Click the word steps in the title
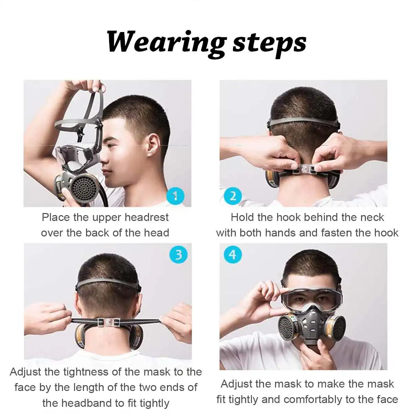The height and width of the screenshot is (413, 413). (x=269, y=43)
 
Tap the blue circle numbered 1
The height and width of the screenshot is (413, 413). (x=175, y=196)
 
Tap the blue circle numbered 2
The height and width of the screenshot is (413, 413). (x=233, y=196)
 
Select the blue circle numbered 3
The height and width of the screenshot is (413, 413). (x=179, y=255)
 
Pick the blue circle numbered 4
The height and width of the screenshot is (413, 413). (x=233, y=255)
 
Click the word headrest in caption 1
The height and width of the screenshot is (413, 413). (x=147, y=218)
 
